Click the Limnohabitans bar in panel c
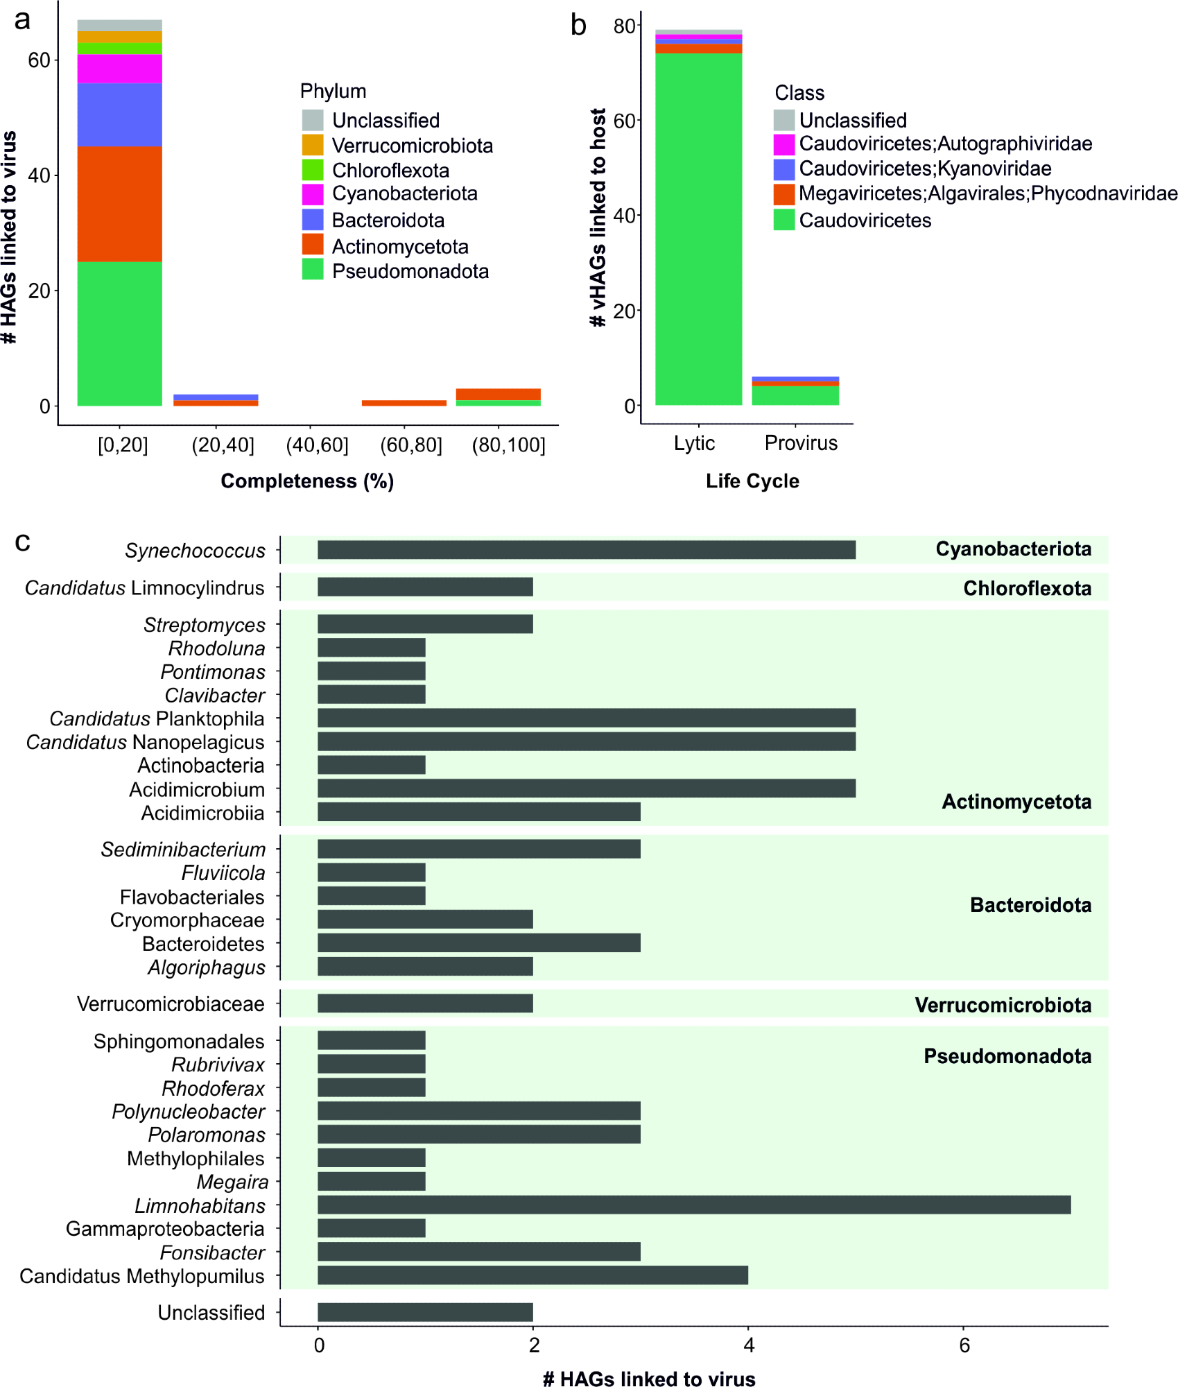(x=693, y=1205)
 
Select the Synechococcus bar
(x=586, y=550)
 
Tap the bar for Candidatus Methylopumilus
(x=532, y=1275)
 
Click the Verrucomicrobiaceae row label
(x=171, y=1004)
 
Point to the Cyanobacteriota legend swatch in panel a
(x=313, y=194)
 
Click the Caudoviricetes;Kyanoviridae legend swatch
(x=784, y=169)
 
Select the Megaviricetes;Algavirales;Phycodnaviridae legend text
(x=987, y=193)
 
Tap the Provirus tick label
(x=801, y=443)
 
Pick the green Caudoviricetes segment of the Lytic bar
(x=698, y=229)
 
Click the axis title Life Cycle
(x=752, y=481)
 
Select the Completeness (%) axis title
(x=307, y=481)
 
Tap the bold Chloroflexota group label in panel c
(x=1027, y=589)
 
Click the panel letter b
(x=578, y=26)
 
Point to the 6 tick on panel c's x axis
(x=964, y=1346)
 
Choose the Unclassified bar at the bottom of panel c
(x=425, y=1312)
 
